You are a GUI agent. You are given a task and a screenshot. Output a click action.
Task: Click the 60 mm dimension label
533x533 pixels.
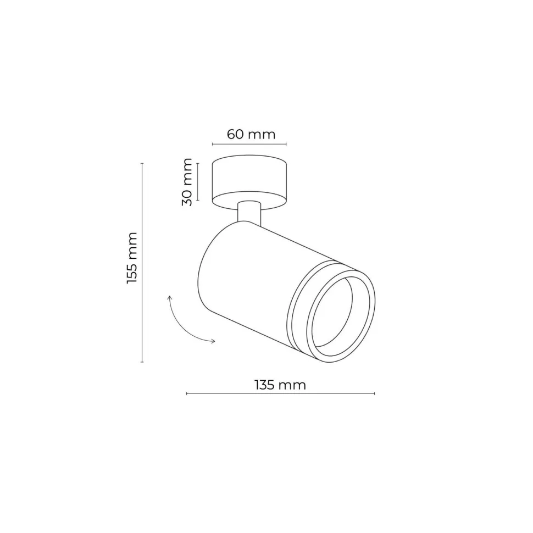tap(251, 134)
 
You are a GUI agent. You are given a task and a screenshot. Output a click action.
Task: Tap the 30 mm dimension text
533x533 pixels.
tap(187, 182)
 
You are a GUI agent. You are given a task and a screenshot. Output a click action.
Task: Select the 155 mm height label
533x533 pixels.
tap(132, 258)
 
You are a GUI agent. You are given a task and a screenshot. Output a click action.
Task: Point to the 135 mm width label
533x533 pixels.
tap(280, 385)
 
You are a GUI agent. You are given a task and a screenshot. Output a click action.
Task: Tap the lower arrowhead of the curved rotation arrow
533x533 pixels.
tap(213, 342)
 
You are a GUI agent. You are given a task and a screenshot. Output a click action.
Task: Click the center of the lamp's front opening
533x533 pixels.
tap(343, 315)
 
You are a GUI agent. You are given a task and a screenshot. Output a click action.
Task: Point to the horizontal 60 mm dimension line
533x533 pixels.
tap(249, 145)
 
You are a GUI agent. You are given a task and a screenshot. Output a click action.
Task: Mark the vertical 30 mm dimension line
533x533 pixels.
tap(198, 182)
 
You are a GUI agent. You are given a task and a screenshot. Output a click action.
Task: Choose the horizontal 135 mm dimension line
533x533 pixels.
tap(280, 393)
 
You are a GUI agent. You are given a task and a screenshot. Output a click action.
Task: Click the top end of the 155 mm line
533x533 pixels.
tap(142, 163)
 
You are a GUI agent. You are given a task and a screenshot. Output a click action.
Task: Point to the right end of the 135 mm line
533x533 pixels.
tap(374, 393)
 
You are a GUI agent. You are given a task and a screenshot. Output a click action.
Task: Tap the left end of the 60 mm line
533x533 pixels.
tap(213, 145)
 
